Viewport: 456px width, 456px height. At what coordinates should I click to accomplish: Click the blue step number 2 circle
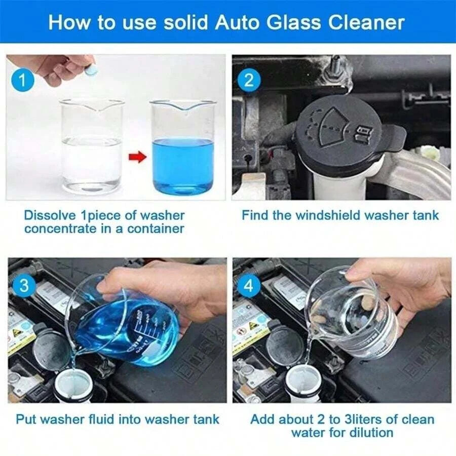(x=249, y=80)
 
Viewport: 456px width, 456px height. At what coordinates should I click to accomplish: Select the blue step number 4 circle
(x=248, y=286)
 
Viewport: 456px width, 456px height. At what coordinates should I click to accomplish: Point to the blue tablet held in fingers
(x=91, y=70)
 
